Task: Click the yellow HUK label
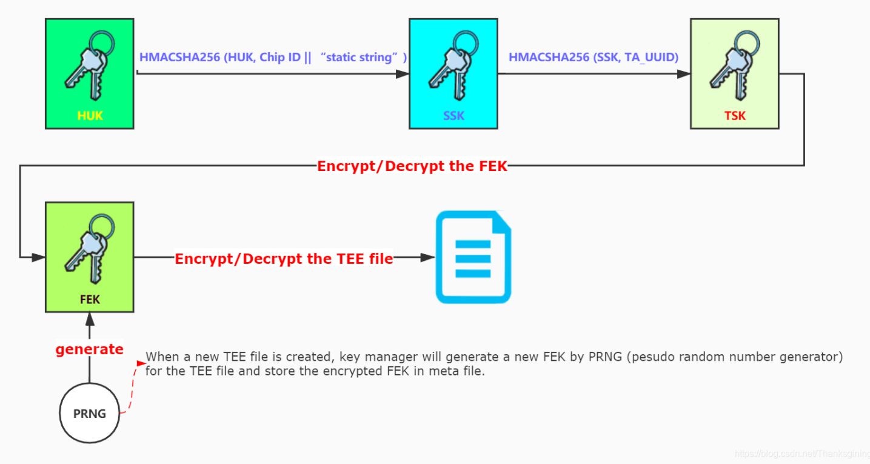point(90,115)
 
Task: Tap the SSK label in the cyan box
point(453,115)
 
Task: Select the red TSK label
point(735,115)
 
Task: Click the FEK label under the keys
point(90,299)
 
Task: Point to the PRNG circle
point(90,414)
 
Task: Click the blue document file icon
point(473,257)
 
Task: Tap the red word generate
point(90,349)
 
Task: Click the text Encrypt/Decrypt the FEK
point(412,166)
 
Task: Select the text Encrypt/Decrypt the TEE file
point(284,259)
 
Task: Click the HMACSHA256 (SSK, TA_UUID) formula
point(594,57)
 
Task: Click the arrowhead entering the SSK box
point(403,74)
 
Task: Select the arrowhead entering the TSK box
point(684,74)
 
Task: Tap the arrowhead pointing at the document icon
point(429,257)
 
